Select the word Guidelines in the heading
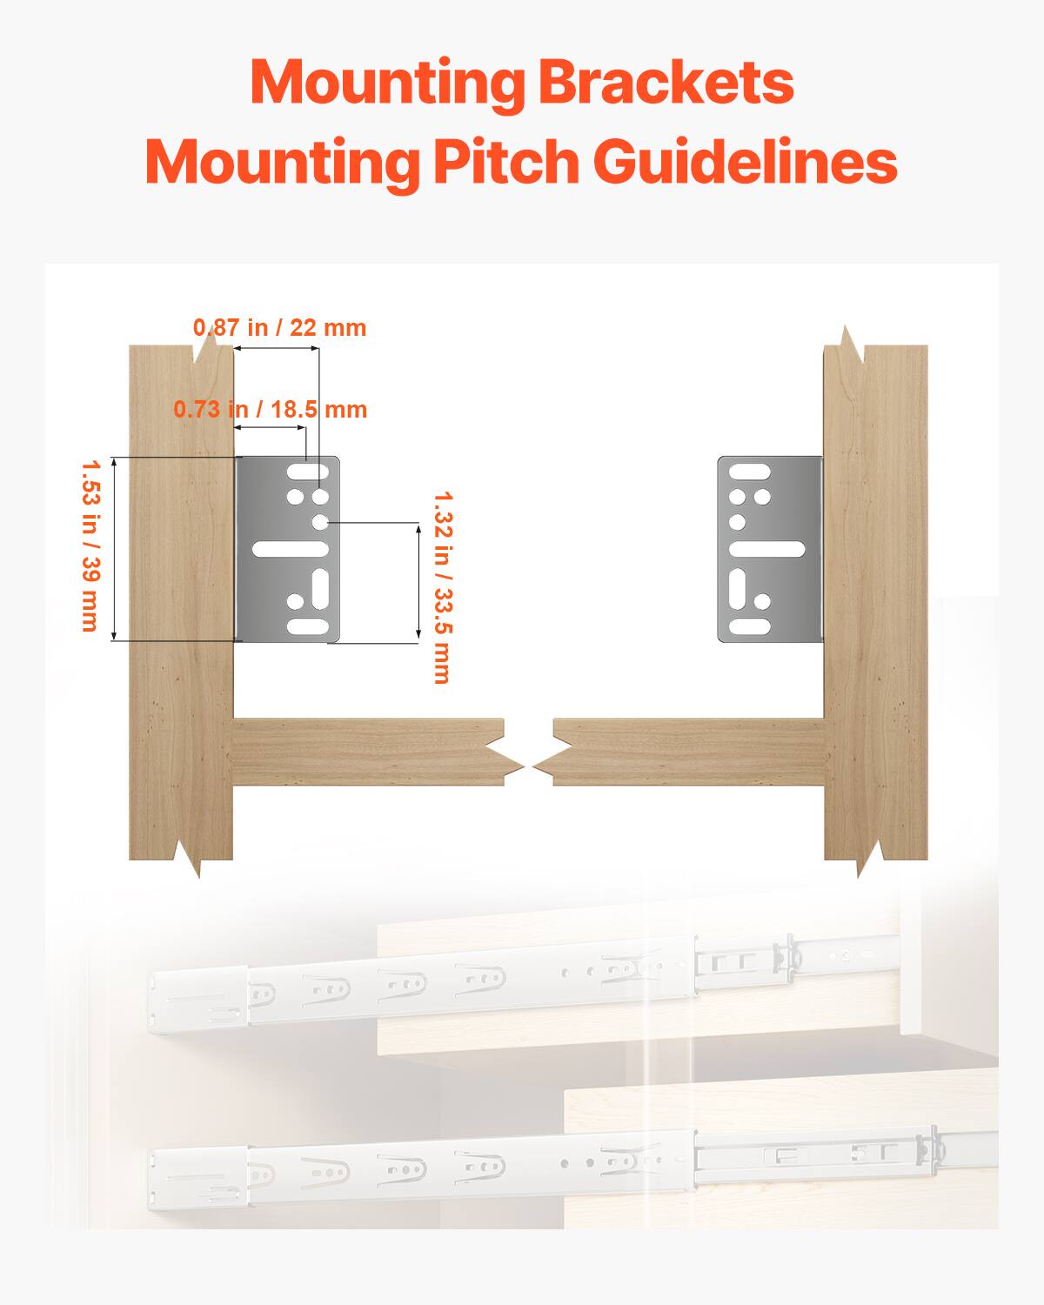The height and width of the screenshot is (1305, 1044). click(746, 162)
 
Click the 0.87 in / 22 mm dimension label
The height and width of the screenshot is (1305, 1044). click(279, 328)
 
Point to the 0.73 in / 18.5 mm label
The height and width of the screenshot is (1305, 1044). click(270, 409)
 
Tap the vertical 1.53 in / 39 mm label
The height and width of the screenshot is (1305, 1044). click(89, 545)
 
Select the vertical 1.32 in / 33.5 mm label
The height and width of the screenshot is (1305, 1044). click(442, 587)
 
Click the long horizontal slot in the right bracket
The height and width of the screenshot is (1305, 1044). click(766, 549)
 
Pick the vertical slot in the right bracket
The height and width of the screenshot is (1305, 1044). click(738, 586)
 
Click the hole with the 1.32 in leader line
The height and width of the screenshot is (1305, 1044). click(321, 522)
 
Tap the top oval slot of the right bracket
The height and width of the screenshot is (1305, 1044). click(749, 472)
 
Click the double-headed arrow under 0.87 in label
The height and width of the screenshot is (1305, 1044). click(277, 348)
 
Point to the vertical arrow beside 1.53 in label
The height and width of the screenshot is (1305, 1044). click(114, 548)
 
